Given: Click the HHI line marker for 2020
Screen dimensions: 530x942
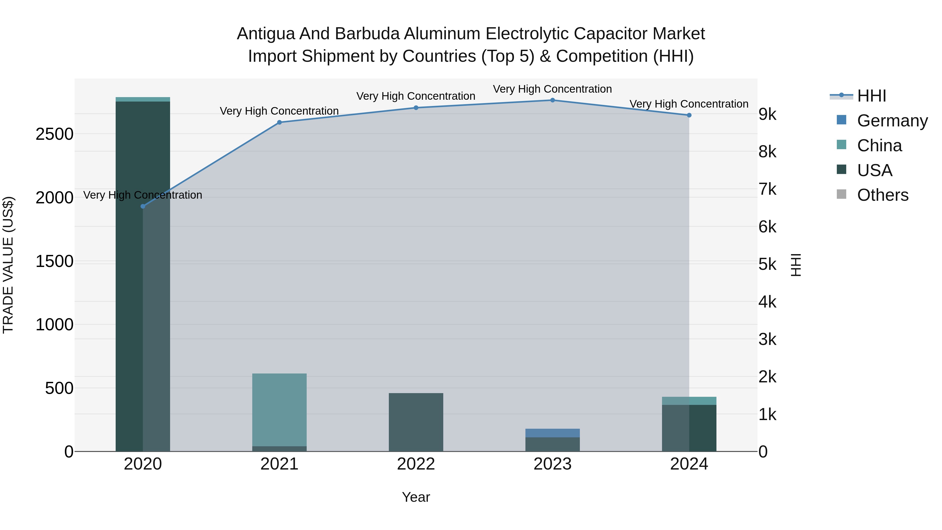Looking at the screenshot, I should (x=143, y=206).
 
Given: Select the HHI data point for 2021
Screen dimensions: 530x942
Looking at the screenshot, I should (x=279, y=122).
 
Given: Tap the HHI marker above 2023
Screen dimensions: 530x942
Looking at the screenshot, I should (x=553, y=100).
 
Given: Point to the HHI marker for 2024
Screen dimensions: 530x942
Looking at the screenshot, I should (x=689, y=115).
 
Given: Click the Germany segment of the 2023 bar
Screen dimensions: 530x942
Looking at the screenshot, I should (x=553, y=433).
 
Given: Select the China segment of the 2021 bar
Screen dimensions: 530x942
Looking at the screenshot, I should (x=279, y=410).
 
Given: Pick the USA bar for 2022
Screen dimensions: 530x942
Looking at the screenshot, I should (x=416, y=422).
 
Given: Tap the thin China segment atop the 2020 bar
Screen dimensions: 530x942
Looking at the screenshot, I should (x=143, y=99).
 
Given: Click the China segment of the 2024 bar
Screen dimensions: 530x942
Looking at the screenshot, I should (x=689, y=401).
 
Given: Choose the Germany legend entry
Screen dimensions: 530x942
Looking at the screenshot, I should (x=892, y=121).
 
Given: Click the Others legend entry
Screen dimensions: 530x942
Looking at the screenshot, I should (x=882, y=195).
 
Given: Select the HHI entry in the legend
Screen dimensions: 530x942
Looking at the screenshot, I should (x=871, y=96).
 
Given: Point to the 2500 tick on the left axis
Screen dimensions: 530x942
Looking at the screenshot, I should (x=54, y=134).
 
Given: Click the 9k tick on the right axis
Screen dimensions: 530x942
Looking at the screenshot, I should (x=767, y=114).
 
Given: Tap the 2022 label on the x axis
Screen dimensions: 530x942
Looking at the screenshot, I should (x=416, y=464).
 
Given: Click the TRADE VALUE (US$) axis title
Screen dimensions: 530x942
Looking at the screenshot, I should (x=8, y=265).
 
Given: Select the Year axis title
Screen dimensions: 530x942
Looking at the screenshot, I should (x=416, y=497).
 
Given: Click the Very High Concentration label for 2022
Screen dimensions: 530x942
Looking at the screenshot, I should (x=416, y=96).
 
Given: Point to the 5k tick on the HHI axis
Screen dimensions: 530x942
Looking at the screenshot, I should (x=767, y=264).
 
